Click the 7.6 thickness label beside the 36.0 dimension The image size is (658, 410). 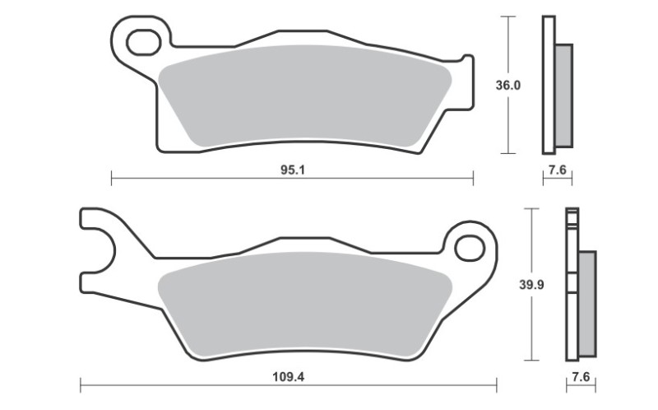coord(557,170)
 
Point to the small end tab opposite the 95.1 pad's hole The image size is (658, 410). coord(467,82)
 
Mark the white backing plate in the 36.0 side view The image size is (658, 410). coord(548,85)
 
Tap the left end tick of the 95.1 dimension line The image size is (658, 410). coord(111,176)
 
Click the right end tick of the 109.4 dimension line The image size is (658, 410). coord(496,384)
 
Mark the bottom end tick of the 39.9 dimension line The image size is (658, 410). coord(534,361)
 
